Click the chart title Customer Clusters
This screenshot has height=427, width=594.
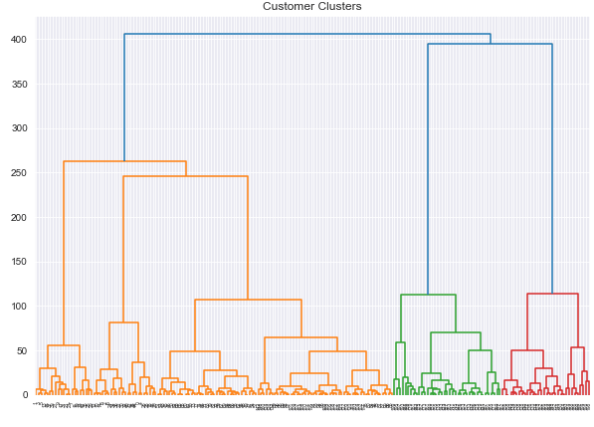[311, 6]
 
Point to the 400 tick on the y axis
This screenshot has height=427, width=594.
[18, 40]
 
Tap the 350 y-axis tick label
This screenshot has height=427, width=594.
[18, 85]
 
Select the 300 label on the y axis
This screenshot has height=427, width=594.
[18, 128]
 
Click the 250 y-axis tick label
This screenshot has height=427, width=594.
[18, 173]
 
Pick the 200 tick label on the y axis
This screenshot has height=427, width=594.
[18, 218]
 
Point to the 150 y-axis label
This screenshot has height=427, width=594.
[18, 262]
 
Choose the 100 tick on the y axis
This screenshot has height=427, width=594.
[18, 307]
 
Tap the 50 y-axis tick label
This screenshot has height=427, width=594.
[21, 351]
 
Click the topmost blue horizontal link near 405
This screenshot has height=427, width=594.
[307, 35]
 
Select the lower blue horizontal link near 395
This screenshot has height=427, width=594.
[490, 44]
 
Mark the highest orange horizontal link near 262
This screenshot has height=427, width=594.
[124, 161]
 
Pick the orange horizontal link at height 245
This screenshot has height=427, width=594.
[185, 176]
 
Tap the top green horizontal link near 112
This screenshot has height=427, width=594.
[428, 295]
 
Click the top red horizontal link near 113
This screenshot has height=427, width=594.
[552, 294]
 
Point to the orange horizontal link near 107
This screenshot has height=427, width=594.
[248, 300]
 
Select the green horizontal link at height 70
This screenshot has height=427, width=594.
[456, 332]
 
